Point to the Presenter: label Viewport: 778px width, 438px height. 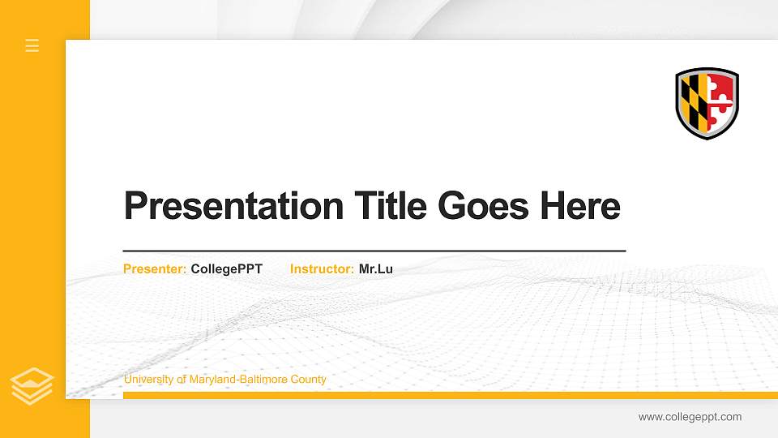[155, 269]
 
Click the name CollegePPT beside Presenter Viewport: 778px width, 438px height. [227, 269]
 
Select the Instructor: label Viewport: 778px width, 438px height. [322, 269]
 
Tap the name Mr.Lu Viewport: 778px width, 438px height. [376, 269]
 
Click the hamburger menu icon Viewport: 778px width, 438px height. [32, 45]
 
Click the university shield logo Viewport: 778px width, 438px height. [707, 103]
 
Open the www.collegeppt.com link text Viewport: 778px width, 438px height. [690, 417]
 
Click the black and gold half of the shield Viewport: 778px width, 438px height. [693, 100]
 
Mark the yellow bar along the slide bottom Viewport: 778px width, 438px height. [446, 395]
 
